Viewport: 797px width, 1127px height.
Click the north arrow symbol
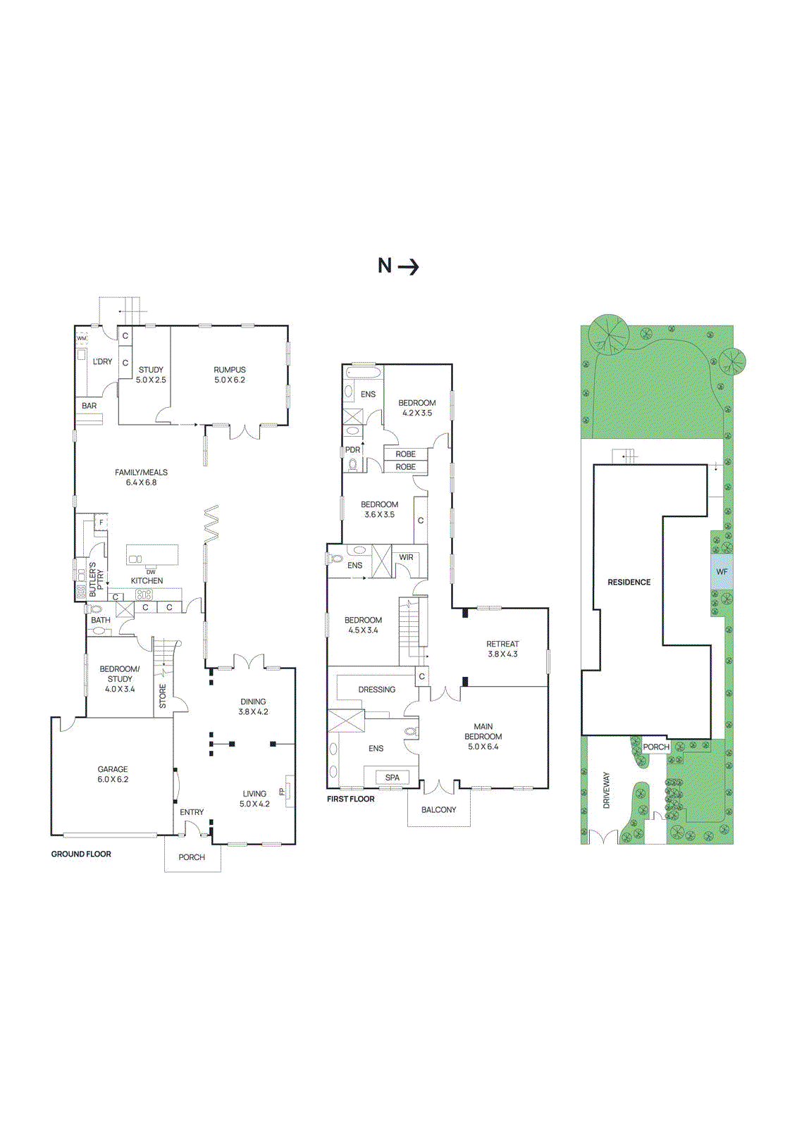(x=399, y=266)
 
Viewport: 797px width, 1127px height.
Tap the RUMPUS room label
(x=230, y=370)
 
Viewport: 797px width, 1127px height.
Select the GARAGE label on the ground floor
(x=113, y=769)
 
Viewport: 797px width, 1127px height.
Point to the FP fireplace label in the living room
(x=283, y=792)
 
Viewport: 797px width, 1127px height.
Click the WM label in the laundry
(x=82, y=339)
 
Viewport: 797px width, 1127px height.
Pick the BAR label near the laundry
(x=89, y=406)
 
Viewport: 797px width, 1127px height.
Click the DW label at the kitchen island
(x=151, y=572)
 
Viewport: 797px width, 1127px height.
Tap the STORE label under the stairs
(x=163, y=696)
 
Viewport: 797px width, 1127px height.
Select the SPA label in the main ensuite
(x=393, y=778)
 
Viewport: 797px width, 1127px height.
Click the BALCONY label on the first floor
(x=438, y=810)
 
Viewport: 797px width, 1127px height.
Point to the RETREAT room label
(x=502, y=644)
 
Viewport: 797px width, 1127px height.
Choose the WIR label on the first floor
(x=407, y=557)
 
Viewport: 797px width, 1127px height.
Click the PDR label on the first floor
(x=352, y=449)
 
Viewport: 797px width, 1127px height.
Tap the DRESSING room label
(x=377, y=690)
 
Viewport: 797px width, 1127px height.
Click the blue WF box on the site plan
(x=722, y=571)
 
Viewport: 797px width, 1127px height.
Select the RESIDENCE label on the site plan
(x=629, y=583)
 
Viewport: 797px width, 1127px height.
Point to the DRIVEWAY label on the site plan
(x=607, y=790)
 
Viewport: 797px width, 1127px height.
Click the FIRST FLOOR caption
(x=351, y=799)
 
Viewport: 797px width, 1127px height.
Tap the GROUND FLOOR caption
(x=81, y=854)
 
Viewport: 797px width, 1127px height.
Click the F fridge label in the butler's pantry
(x=101, y=523)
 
